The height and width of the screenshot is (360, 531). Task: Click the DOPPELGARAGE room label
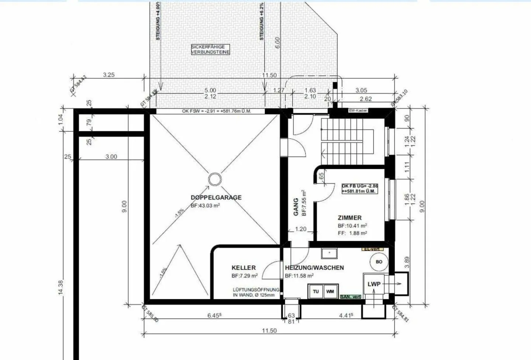coord(216,197)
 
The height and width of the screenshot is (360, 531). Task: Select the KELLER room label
coord(243,268)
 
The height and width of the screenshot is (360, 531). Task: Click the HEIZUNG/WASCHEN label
coord(314,268)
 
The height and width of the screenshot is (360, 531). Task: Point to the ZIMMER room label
coord(350,218)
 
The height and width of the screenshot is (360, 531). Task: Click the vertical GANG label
coord(296,207)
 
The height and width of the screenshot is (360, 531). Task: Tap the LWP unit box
coord(374,284)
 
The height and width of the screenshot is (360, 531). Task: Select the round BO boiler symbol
coord(379,262)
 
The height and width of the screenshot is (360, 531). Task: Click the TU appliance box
coord(316,291)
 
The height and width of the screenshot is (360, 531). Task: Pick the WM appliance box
coord(330,291)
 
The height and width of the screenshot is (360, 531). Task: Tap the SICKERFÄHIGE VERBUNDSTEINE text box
coord(210,49)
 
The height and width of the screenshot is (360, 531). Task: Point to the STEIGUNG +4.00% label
coord(158,21)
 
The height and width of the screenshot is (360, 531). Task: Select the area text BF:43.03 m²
coord(205,206)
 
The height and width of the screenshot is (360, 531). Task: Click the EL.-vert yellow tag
coord(373,249)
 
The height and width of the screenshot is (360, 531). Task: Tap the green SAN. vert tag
coord(351,297)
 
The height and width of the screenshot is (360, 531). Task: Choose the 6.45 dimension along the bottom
coord(214,315)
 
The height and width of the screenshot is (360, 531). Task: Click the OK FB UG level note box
coord(360,188)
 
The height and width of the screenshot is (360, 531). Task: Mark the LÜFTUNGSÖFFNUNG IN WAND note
coord(256,292)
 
